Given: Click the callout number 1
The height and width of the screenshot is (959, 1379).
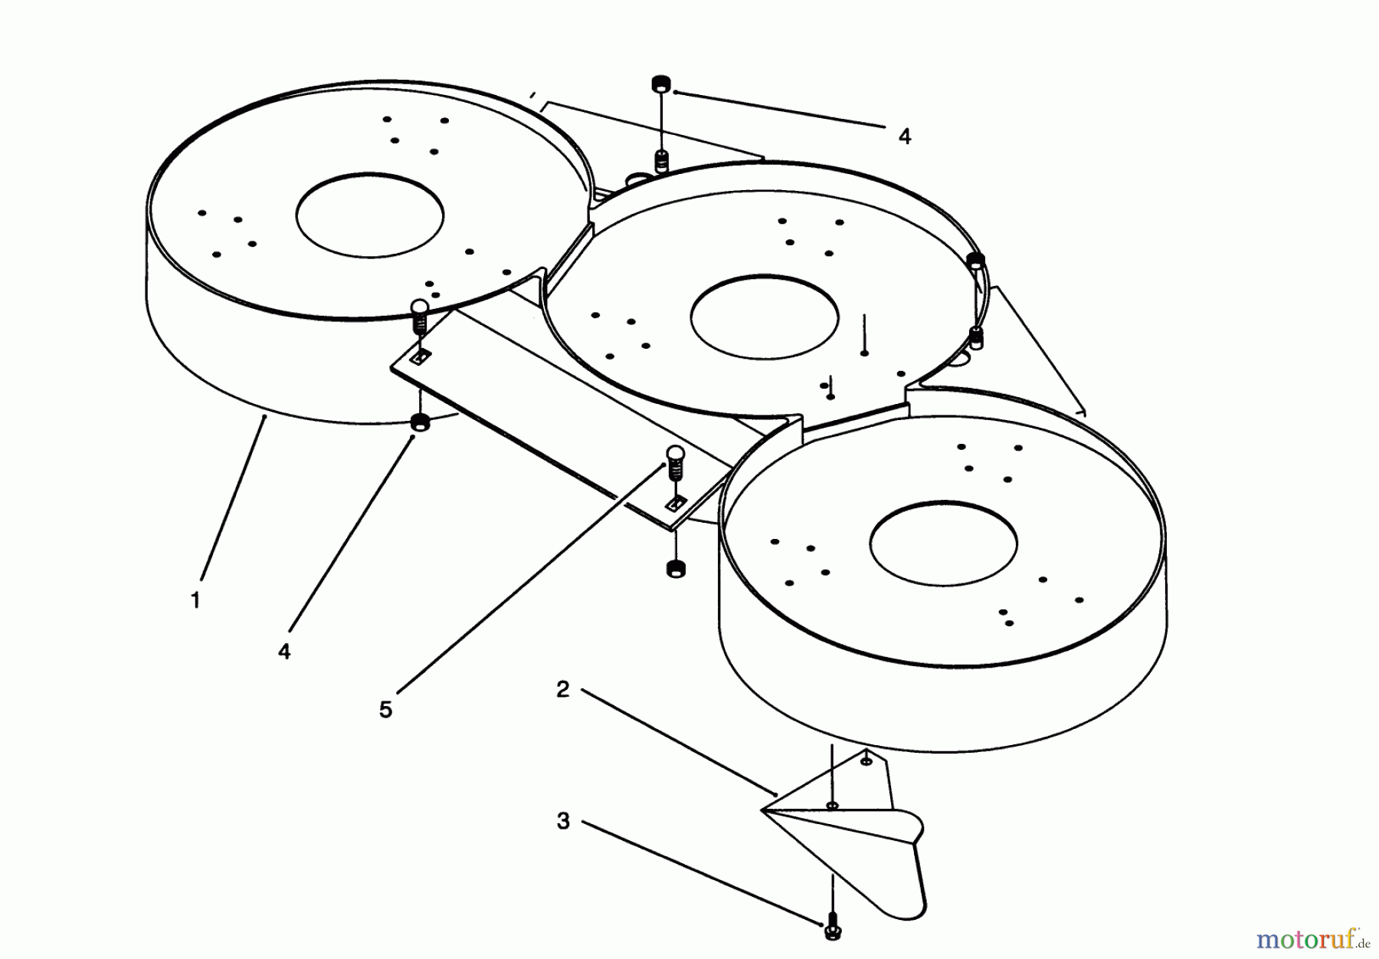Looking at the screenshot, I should coord(195,600).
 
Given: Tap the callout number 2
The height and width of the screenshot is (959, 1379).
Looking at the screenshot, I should coord(563,690).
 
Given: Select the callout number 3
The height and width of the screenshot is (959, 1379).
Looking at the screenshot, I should coord(563,822).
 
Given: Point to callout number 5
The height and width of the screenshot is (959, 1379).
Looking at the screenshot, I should coord(385,710).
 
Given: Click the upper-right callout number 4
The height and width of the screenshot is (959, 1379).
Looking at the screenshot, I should coord(905,136).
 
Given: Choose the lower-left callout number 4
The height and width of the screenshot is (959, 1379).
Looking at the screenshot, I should coord(284,652).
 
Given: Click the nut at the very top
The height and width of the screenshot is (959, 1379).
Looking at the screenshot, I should coord(660,84).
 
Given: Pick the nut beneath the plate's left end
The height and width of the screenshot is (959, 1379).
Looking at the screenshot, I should coord(420,422).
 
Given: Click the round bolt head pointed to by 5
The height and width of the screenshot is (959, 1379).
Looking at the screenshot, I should coord(675,454).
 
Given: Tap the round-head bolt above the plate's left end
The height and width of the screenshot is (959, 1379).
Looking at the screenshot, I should coord(419,309).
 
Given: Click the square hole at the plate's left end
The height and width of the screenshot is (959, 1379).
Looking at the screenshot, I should coord(420,357).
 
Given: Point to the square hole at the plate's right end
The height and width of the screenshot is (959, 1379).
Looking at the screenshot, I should coord(675,504).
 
